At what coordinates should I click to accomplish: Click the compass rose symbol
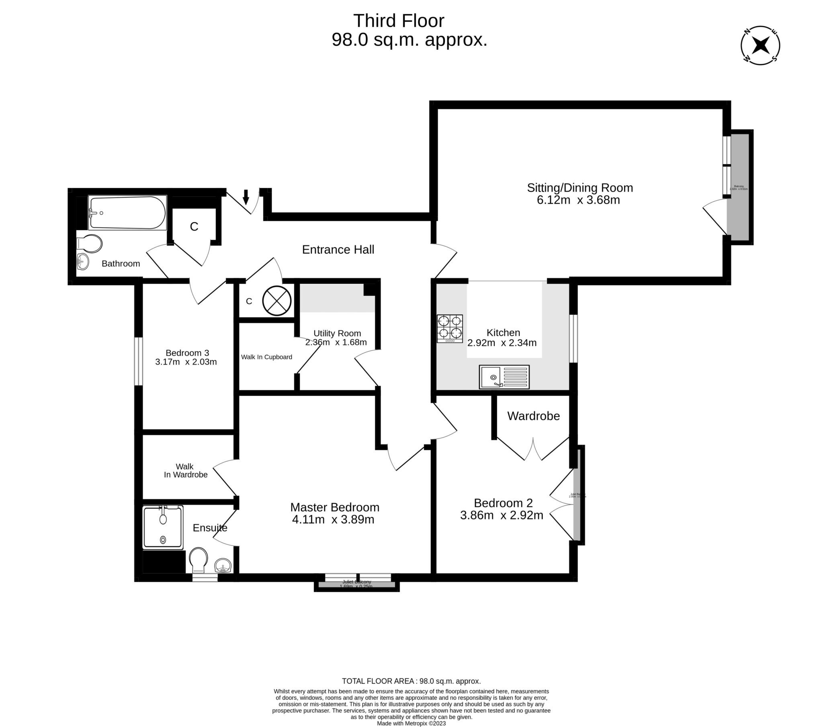[760, 45]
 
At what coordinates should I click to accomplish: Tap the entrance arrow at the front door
[246, 197]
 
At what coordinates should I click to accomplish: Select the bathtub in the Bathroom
[127, 212]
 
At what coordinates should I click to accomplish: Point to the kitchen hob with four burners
[450, 328]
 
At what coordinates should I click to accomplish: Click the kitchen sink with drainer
[504, 377]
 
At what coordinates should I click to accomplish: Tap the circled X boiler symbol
[276, 301]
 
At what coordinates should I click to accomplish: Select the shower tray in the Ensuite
[163, 527]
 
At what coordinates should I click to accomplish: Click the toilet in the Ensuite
[198, 559]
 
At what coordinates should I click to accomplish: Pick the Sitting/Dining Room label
[580, 188]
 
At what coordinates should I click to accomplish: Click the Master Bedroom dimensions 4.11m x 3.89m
[333, 519]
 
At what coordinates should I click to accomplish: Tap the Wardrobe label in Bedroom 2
[533, 416]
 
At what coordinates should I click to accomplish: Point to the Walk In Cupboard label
[266, 357]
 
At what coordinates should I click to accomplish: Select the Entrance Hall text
[338, 249]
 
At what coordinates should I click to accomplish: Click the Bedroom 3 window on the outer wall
[138, 361]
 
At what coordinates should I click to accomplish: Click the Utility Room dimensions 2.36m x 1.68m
[336, 342]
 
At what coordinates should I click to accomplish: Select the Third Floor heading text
[398, 21]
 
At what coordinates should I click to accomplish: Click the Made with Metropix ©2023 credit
[411, 723]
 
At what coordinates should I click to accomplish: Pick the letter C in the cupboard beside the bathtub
[194, 226]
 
